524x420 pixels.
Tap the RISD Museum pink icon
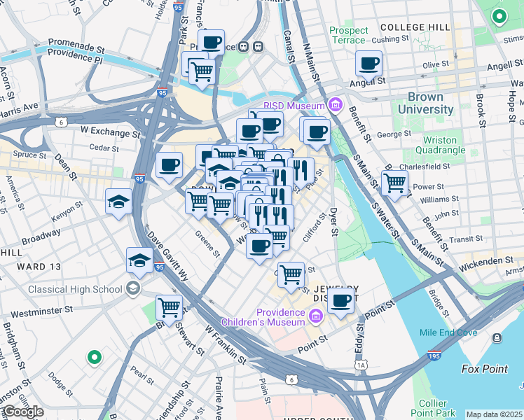tap(336, 106)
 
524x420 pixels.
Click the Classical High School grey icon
tap(132, 288)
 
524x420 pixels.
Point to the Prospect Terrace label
tap(348, 35)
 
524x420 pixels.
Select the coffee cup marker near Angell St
tap(369, 64)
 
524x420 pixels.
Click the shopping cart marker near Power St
tap(395, 183)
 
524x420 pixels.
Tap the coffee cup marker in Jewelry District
tap(341, 300)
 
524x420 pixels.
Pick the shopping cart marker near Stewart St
tap(169, 307)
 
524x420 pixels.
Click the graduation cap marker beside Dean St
tap(118, 202)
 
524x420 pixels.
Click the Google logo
tap(22, 412)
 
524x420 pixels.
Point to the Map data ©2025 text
tap(494, 414)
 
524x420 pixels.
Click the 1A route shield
tap(361, 365)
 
